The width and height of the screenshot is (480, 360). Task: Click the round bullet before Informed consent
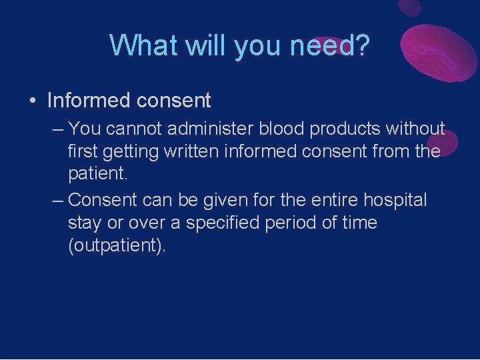tap(31, 101)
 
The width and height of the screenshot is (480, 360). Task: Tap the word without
tap(420, 127)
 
